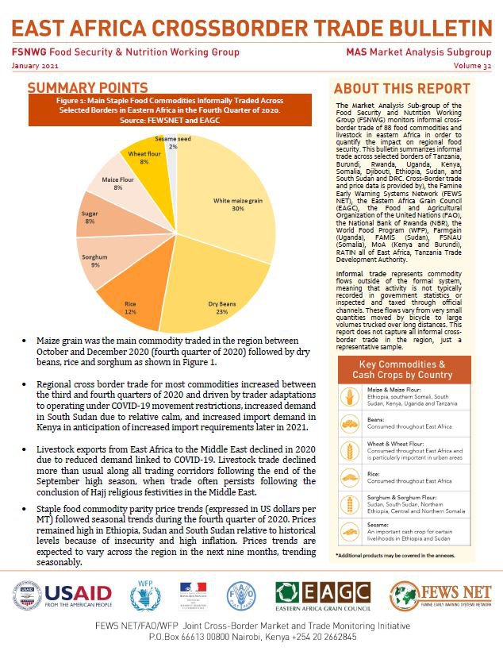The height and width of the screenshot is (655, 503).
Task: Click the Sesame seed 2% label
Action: coord(171,143)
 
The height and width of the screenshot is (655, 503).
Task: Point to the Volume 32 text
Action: coord(472,65)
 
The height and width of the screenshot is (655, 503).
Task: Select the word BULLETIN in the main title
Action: coord(430,29)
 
